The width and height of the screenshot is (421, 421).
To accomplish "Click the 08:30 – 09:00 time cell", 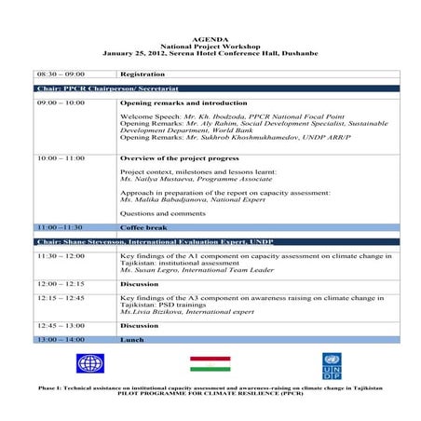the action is (x=61, y=73).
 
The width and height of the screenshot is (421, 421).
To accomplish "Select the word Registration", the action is (x=143, y=73).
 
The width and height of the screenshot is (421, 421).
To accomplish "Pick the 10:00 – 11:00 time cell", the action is (x=61, y=158).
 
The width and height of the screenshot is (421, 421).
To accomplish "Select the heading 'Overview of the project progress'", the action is (x=174, y=158).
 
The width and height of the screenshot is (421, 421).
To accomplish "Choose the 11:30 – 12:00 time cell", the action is (x=61, y=254).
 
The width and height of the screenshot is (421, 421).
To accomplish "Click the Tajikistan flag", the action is (x=210, y=363).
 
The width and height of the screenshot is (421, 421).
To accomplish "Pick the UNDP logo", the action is (x=333, y=363).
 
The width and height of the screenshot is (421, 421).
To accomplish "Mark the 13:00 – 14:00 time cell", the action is (x=61, y=340).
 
